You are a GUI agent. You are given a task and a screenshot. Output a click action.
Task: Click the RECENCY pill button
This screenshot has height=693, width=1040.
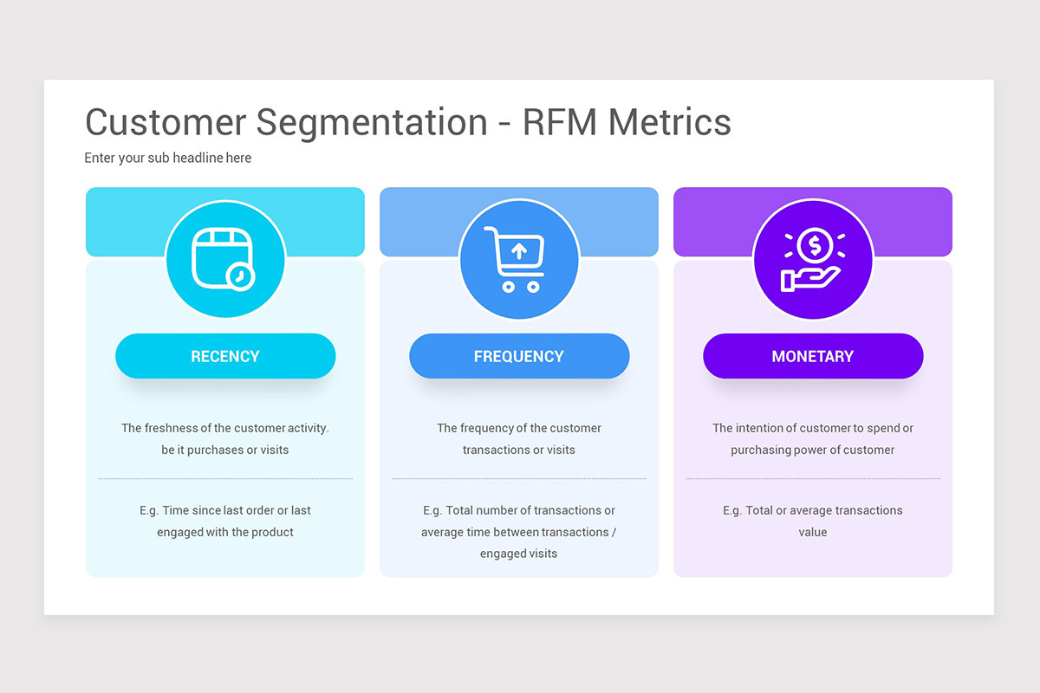[225, 356]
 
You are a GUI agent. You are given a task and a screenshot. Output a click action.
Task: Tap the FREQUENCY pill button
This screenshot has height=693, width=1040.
[519, 356]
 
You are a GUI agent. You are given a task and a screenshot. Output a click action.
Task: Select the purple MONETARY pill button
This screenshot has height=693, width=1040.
[813, 356]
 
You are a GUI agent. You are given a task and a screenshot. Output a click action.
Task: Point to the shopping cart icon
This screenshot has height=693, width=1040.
[515, 259]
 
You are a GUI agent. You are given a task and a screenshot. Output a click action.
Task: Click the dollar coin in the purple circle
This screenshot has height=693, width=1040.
[814, 245]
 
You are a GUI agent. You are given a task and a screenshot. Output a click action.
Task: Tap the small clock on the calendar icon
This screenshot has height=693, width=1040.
[241, 276]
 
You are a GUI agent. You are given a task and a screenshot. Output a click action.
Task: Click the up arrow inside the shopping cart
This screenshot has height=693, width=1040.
[519, 251]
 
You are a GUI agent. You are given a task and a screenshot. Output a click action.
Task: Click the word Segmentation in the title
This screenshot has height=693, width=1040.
[372, 122]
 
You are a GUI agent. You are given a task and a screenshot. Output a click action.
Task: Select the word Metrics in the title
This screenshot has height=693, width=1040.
[669, 122]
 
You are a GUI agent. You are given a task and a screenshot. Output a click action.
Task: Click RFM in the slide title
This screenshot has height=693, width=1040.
[560, 122]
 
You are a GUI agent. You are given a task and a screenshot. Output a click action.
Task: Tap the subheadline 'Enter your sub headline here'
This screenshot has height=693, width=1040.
[168, 158]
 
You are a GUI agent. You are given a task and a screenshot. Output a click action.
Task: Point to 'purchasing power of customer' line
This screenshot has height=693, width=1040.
[813, 450]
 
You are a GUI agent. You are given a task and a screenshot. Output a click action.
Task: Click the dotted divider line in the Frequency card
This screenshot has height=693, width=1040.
[519, 478]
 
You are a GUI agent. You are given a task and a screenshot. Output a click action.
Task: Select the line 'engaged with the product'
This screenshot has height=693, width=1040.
[225, 532]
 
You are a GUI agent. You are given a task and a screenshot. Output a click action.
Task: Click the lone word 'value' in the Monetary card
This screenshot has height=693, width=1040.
[813, 532]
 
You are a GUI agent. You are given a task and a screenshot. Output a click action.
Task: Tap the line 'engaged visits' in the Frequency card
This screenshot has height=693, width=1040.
[519, 554]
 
